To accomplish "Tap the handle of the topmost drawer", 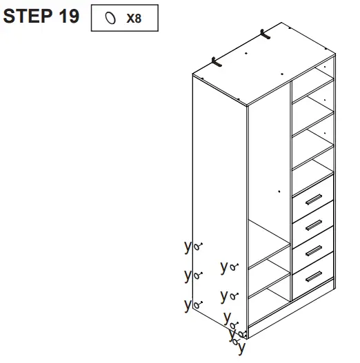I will coord(314,200).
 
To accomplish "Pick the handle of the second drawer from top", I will coord(314,225).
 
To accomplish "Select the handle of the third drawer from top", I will coord(314,250).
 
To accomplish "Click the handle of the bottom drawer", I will coord(314,276).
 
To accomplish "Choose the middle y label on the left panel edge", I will coord(187,274).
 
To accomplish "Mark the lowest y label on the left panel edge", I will coord(187,303).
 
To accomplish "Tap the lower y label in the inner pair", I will coord(223,295).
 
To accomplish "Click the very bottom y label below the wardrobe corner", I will coord(241,348).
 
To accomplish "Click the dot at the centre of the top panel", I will coord(246,52).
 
